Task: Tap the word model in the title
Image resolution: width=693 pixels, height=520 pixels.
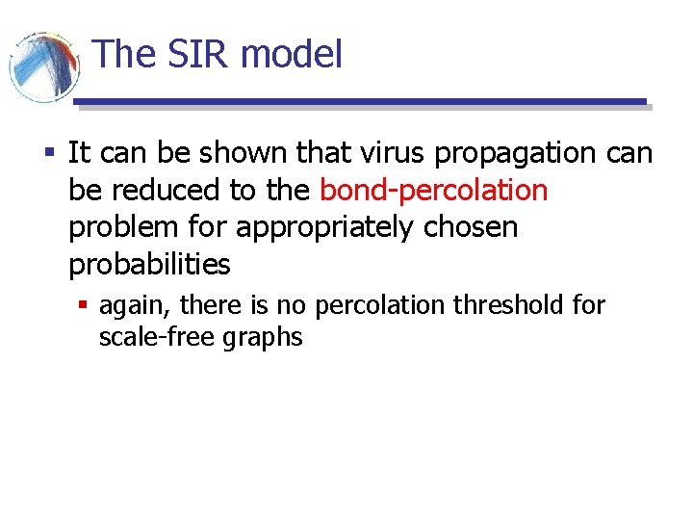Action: (x=292, y=54)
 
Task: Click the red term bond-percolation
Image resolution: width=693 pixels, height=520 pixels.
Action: (x=433, y=190)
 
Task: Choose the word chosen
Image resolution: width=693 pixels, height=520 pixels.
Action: (x=475, y=227)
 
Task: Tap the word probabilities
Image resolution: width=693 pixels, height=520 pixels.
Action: (x=149, y=265)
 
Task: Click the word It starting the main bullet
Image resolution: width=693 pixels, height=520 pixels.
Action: (x=79, y=153)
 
